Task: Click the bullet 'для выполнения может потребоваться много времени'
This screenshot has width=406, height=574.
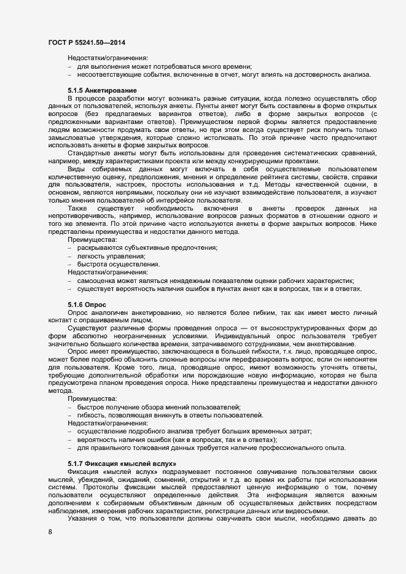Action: coord(165,66)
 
